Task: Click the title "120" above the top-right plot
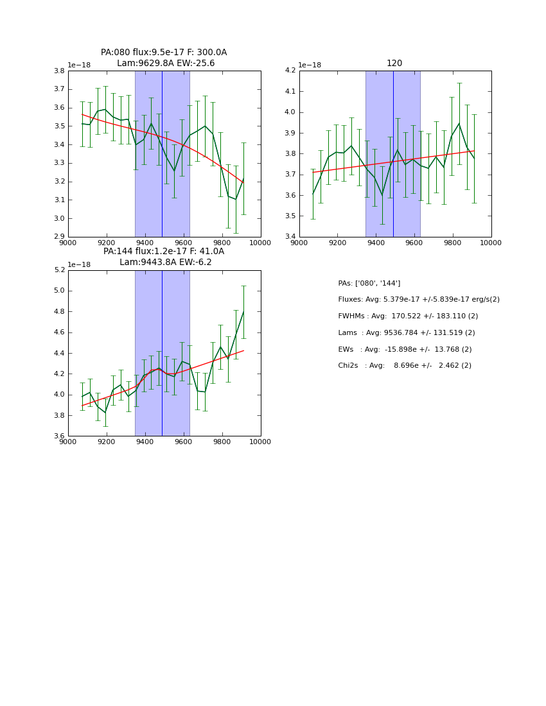(394, 63)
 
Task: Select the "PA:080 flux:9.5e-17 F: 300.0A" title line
(164, 53)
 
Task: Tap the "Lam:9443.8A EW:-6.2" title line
(166, 262)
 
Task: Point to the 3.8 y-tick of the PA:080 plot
(58, 71)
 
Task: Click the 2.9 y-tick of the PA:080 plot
(58, 237)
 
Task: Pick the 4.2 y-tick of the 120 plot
(289, 71)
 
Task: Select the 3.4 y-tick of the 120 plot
(289, 237)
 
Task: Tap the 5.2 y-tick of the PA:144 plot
(58, 270)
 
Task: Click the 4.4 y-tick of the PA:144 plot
(58, 353)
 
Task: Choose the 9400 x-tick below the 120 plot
(376, 243)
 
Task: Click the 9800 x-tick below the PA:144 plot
(222, 442)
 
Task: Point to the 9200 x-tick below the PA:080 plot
(107, 243)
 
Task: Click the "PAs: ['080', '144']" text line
(369, 283)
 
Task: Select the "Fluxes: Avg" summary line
(419, 300)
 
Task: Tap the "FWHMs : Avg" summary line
(408, 316)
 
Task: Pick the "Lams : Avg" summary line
(407, 333)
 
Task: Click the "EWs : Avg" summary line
(405, 349)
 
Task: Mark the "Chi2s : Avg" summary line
(405, 366)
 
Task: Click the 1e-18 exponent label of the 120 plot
(310, 65)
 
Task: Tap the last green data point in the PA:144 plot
(243, 312)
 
